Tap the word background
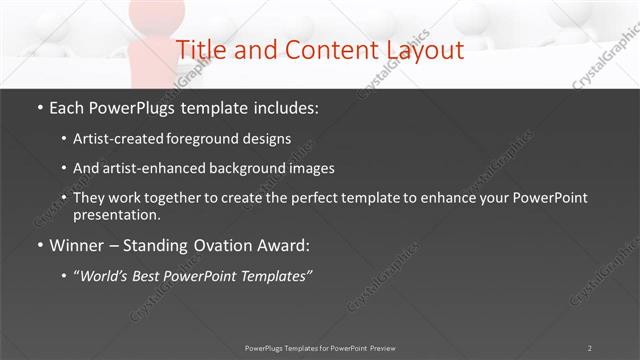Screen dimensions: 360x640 tap(254, 168)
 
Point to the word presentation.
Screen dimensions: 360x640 tap(116, 215)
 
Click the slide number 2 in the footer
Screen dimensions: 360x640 tap(590, 348)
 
